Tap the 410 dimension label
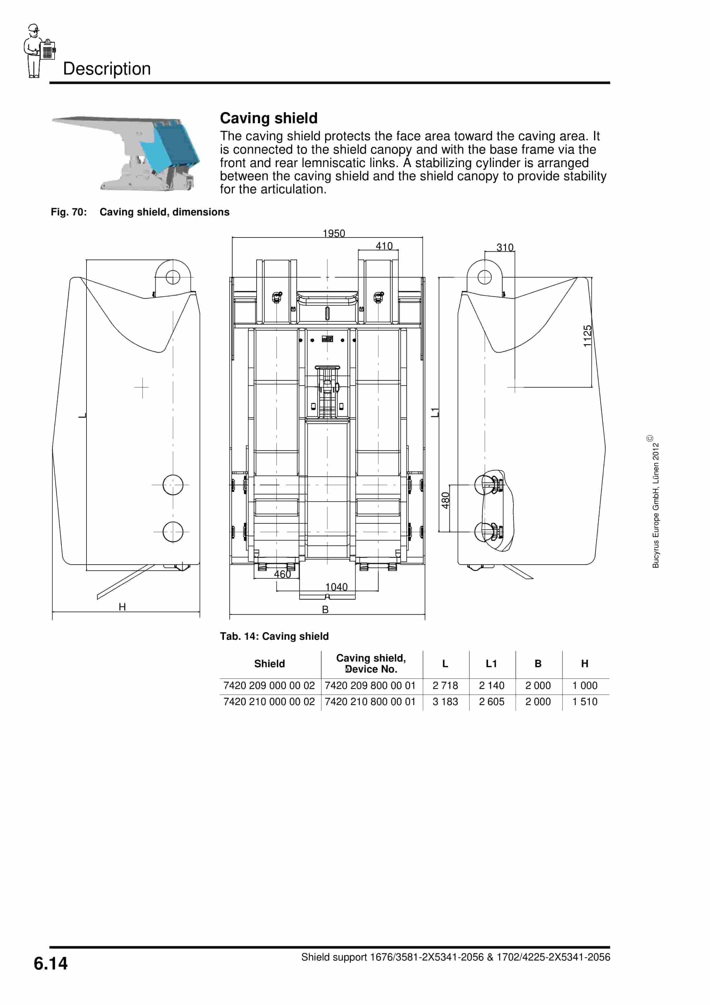[x=384, y=246]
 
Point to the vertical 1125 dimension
[x=587, y=336]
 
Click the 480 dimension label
[x=445, y=500]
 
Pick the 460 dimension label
[x=282, y=574]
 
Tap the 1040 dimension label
[x=336, y=587]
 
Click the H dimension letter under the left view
[x=122, y=607]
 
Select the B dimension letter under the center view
[x=325, y=609]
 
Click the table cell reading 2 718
[x=445, y=685]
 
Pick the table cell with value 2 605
[x=492, y=702]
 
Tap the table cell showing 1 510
[x=585, y=702]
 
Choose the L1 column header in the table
[x=492, y=664]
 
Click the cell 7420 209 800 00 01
[x=370, y=685]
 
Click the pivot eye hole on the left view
[x=173, y=277]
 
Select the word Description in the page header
[x=107, y=69]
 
